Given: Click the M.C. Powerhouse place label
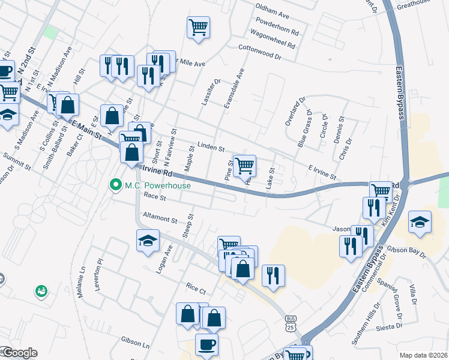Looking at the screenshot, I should (x=157, y=185).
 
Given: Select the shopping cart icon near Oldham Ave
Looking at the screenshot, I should (x=198, y=27).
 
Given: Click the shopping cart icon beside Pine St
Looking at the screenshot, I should (x=244, y=165).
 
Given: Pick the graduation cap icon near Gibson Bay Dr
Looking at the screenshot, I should (x=420, y=221).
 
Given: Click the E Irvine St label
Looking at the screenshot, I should (x=322, y=172).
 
